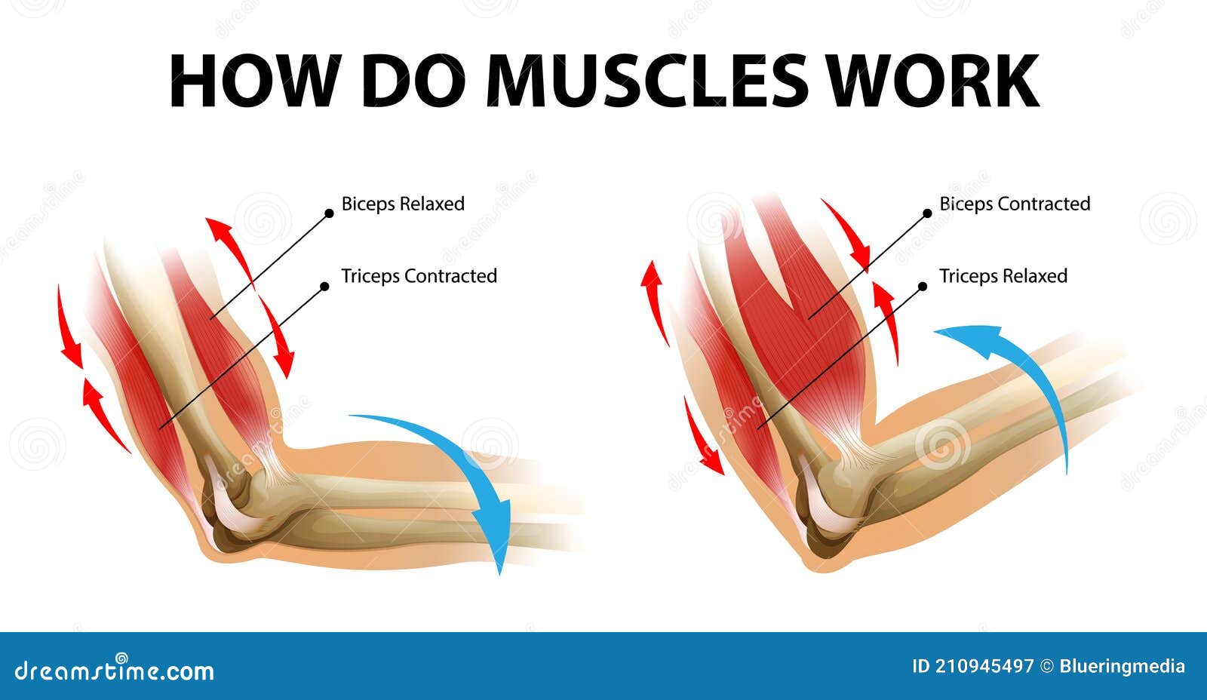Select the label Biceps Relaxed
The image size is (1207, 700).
pyautogui.click(x=403, y=204)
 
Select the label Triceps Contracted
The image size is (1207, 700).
pyautogui.click(x=419, y=276)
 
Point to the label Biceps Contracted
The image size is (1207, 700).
pyautogui.click(x=1015, y=204)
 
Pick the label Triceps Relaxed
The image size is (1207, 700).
pyautogui.click(x=1003, y=276)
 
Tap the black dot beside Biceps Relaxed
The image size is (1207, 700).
pyautogui.click(x=329, y=213)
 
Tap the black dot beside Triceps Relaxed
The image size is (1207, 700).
pyautogui.click(x=922, y=286)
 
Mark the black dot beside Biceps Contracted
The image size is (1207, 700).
pyautogui.click(x=927, y=213)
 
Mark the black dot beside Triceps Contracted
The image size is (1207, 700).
pyautogui.click(x=324, y=286)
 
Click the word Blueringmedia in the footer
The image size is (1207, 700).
pyautogui.click(x=1122, y=666)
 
